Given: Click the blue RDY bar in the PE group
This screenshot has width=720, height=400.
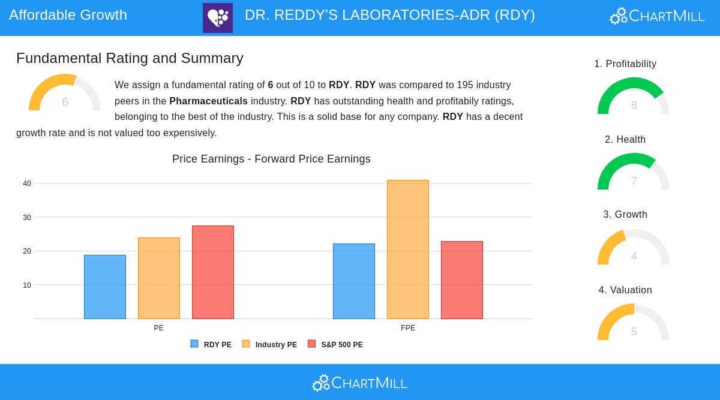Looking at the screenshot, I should (105, 287).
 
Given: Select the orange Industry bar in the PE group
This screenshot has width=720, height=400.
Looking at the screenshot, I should (159, 278).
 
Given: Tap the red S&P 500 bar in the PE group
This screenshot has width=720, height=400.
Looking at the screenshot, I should (213, 272).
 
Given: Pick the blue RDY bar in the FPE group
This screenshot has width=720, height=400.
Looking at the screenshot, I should (354, 281).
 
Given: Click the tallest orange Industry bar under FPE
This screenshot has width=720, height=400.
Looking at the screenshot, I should (408, 249).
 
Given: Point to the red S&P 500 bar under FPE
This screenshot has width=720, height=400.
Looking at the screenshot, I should (462, 280).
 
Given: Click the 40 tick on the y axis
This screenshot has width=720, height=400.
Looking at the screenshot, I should (27, 184).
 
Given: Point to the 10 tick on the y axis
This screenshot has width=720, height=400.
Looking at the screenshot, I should (27, 285).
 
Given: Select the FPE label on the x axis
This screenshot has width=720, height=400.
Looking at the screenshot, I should (408, 328).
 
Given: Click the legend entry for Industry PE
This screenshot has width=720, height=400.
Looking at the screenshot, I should (269, 344).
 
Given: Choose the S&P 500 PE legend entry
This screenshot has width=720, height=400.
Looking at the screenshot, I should (335, 344).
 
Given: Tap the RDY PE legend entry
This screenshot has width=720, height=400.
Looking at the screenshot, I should (211, 344).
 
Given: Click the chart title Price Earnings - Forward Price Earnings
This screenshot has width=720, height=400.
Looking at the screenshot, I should (271, 159).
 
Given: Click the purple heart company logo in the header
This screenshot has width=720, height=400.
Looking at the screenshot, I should (218, 18).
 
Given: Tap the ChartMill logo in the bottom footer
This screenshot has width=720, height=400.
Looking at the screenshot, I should (359, 383).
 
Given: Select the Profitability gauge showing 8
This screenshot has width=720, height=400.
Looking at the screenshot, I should (633, 97).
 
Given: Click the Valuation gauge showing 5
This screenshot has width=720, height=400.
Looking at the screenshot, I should (633, 323).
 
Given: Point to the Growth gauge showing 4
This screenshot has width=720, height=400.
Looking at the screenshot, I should (633, 248).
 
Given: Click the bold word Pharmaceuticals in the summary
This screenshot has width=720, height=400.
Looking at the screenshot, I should (208, 101).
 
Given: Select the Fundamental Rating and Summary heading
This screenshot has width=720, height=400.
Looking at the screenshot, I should (130, 58).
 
